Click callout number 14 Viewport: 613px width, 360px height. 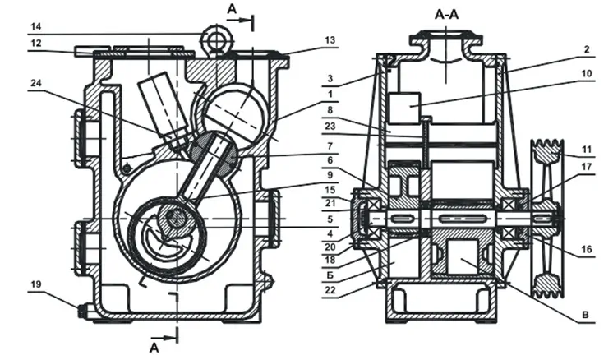pyautogui.click(x=36, y=26)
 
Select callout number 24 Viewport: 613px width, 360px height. pyautogui.click(x=36, y=83)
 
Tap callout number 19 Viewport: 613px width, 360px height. pyautogui.click(x=36, y=284)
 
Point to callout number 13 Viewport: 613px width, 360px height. pyautogui.click(x=330, y=40)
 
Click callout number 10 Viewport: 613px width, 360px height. pyautogui.click(x=587, y=73)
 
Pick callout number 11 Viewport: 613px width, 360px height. pyautogui.click(x=587, y=150)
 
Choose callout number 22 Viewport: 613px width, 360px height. pyautogui.click(x=330, y=290)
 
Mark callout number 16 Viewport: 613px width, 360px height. pyautogui.click(x=587, y=249)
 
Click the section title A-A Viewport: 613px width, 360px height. pyautogui.click(x=446, y=15)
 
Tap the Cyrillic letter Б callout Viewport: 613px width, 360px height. pyautogui.click(x=330, y=275)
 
